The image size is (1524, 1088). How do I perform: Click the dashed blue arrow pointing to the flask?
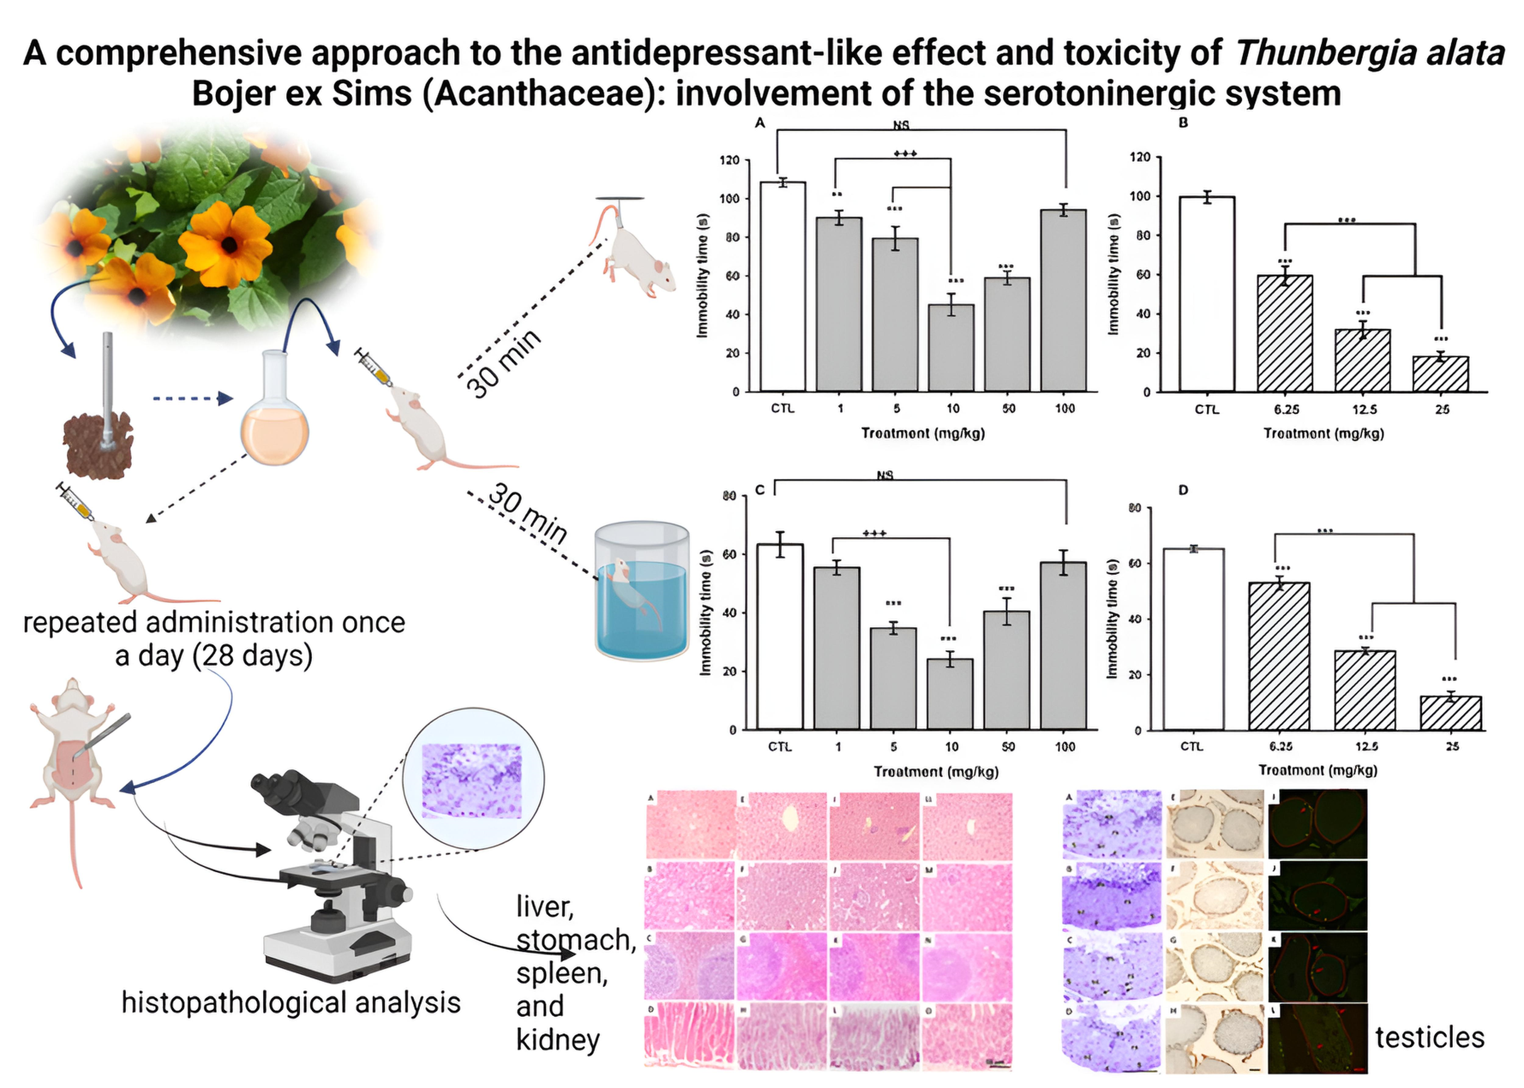tap(192, 399)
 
